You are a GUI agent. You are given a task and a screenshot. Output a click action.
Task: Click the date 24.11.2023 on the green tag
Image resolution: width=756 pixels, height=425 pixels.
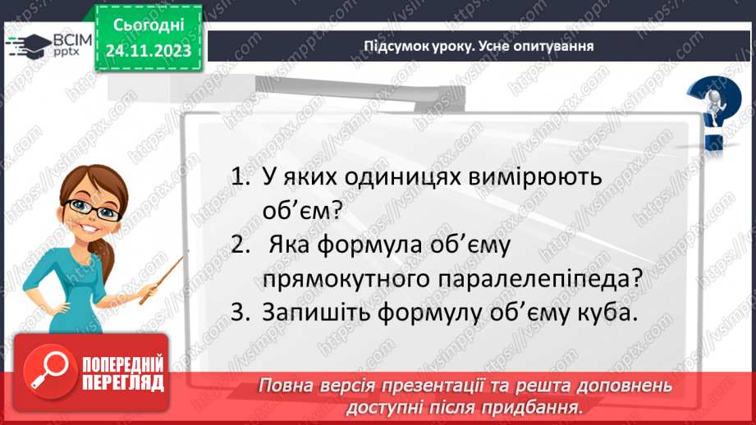(149, 51)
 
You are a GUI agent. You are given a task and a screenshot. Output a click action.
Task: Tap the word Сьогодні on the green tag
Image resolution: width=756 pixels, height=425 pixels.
(149, 25)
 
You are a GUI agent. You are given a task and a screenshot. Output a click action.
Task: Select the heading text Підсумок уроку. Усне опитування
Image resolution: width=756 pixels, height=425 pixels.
(479, 46)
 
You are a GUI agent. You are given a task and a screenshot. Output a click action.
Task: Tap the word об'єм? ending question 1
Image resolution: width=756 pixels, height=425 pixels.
(302, 210)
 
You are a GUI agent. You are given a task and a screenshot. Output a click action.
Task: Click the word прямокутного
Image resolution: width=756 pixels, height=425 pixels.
(346, 279)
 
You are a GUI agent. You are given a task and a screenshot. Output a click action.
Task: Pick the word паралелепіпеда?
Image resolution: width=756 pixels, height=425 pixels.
(540, 278)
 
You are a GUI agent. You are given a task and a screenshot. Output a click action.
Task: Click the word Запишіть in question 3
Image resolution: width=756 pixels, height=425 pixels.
(316, 313)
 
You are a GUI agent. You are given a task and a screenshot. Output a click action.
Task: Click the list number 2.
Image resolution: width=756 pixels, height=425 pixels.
(241, 244)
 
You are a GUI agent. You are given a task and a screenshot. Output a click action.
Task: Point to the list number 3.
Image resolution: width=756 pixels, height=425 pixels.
(241, 313)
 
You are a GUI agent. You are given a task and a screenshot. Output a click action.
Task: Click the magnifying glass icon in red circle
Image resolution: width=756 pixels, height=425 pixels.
(49, 372)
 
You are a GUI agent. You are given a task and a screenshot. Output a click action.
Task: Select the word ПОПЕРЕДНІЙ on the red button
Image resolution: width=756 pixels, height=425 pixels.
(123, 365)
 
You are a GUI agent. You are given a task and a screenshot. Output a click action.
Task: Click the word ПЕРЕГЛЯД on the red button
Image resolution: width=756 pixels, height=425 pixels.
(123, 384)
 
